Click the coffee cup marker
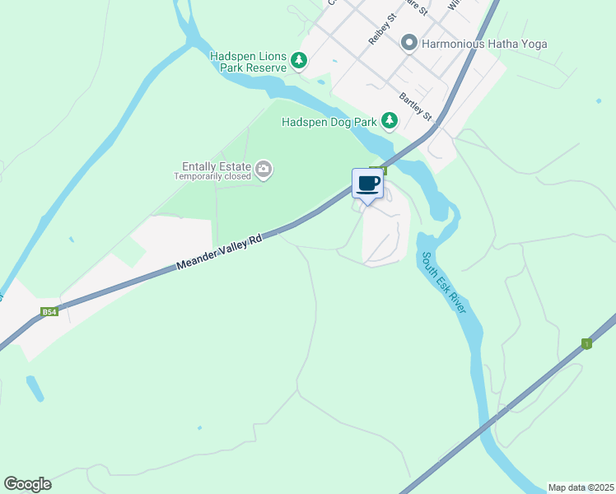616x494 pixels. click(367, 184)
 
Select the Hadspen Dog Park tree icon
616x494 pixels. click(389, 122)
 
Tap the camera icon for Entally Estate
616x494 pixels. click(264, 170)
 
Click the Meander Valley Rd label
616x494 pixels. click(219, 252)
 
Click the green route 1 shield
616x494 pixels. click(586, 343)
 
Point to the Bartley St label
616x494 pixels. click(416, 105)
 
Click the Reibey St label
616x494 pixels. click(383, 34)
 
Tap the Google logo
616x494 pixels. click(27, 484)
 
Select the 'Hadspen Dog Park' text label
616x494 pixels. click(329, 122)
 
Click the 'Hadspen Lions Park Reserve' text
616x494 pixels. click(248, 62)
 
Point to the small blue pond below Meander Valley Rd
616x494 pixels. click(36, 388)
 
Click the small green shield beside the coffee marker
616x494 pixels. click(383, 169)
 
